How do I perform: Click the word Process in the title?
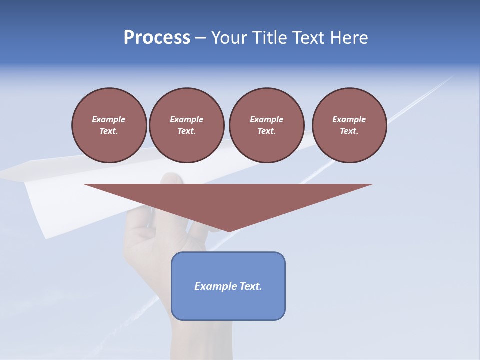(157, 38)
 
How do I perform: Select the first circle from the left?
(109, 125)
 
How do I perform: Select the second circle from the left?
(186, 125)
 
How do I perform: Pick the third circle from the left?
(266, 125)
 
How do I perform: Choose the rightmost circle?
(349, 125)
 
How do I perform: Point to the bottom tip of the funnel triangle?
(229, 231)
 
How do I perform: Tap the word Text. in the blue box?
(250, 286)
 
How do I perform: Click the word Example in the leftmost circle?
(109, 119)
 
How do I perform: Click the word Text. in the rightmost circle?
(349, 131)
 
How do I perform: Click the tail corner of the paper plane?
(46, 237)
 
